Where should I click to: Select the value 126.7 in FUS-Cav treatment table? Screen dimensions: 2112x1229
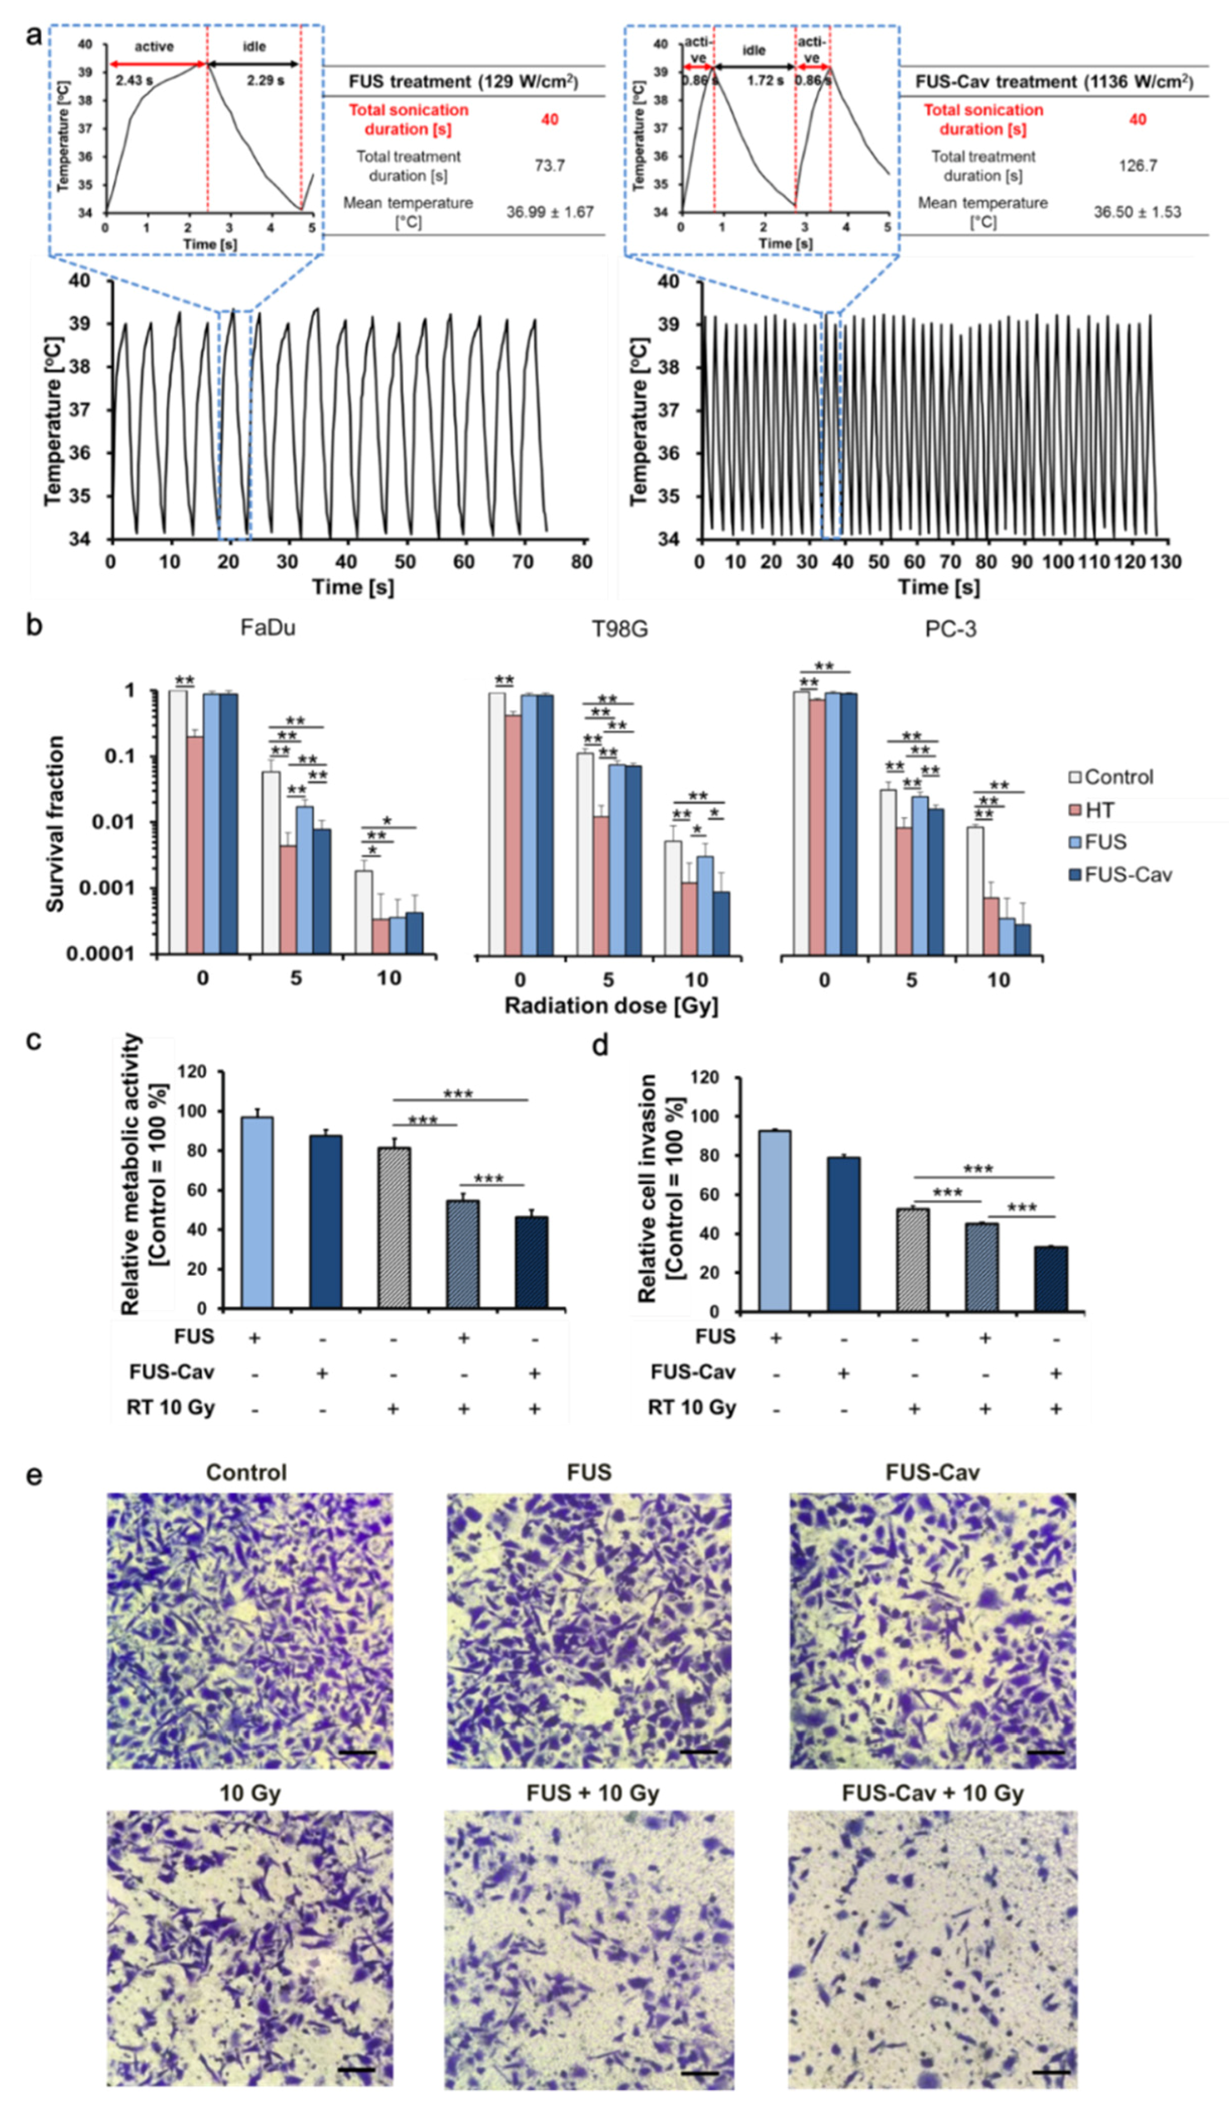pyautogui.click(x=1137, y=165)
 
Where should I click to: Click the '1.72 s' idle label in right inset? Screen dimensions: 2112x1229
pyautogui.click(x=765, y=81)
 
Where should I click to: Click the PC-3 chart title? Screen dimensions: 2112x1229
pyautogui.click(x=950, y=628)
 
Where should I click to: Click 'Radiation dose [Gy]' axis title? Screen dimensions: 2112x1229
pyautogui.click(x=611, y=1005)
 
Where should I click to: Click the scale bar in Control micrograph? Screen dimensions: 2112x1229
pyautogui.click(x=358, y=1752)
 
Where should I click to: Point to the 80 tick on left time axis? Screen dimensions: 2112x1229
pyautogui.click(x=581, y=562)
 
